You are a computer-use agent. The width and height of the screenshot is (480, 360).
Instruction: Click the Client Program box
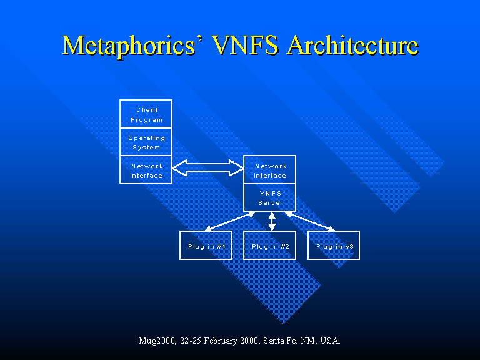pyautogui.click(x=146, y=114)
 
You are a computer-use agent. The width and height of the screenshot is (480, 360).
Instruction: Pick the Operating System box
pyautogui.click(x=146, y=142)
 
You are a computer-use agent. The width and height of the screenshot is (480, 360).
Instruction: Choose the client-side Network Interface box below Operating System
pyautogui.click(x=146, y=170)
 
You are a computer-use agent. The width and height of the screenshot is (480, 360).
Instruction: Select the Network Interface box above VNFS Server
pyautogui.click(x=269, y=170)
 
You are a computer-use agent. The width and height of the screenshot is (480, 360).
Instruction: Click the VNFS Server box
pyautogui.click(x=269, y=197)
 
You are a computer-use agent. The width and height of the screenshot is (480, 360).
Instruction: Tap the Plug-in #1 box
pyautogui.click(x=206, y=246)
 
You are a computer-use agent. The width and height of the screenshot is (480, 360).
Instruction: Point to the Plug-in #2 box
pyautogui.click(x=269, y=246)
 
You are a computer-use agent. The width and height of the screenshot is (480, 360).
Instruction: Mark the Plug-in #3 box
pyautogui.click(x=334, y=246)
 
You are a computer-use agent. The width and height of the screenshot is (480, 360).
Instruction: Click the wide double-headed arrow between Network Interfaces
pyautogui.click(x=207, y=167)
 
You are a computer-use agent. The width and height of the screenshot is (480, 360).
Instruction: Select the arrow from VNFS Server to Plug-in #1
pyautogui.click(x=230, y=221)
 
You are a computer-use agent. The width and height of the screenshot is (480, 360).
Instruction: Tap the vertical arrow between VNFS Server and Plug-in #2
pyautogui.click(x=272, y=221)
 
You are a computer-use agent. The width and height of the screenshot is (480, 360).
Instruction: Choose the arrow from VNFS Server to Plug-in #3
pyautogui.click(x=309, y=221)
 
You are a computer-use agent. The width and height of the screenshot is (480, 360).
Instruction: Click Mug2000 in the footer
pyautogui.click(x=156, y=341)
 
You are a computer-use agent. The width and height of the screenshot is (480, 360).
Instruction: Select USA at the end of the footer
pyautogui.click(x=330, y=341)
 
